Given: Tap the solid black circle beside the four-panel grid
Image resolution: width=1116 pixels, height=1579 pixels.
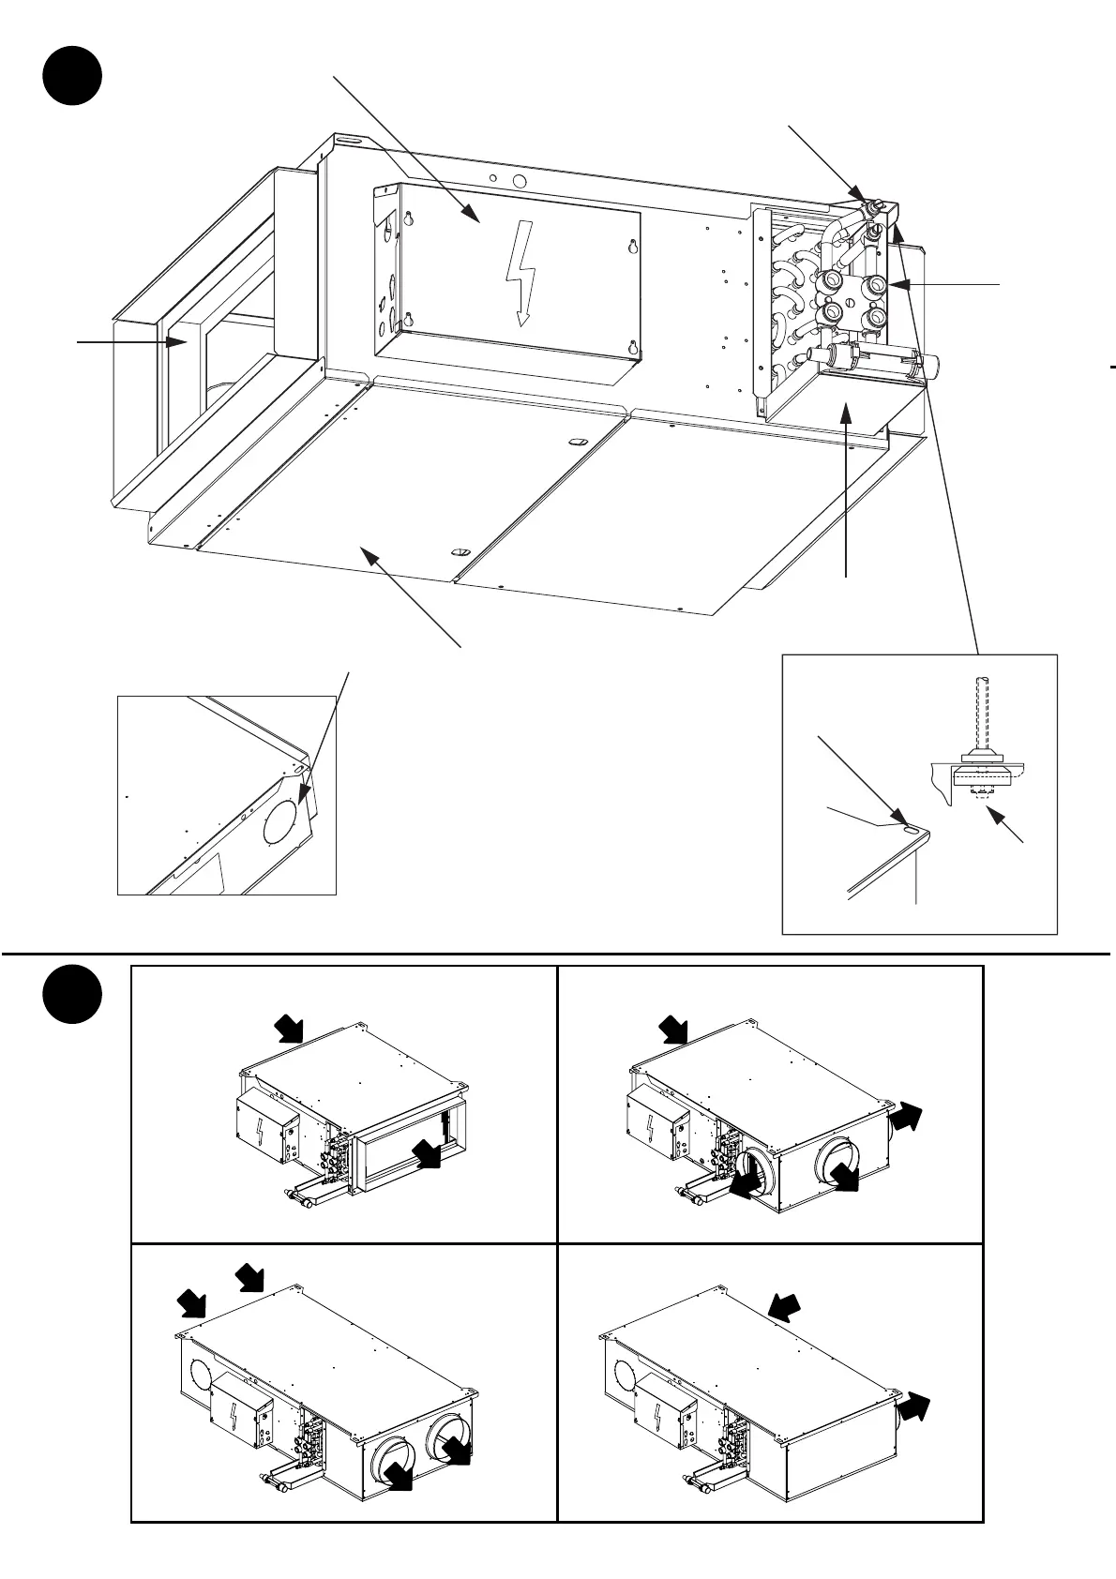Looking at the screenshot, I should pos(72,997).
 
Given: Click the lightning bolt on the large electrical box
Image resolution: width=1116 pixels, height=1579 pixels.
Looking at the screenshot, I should pos(520,278).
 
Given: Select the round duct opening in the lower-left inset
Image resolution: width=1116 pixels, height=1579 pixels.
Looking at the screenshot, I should pos(284,814).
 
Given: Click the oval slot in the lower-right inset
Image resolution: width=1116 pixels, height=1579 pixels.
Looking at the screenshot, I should pos(911,826).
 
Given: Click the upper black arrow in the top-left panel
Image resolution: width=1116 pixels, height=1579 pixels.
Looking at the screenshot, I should pos(289,1029).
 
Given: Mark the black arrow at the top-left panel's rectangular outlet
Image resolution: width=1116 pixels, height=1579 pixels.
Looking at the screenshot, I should pos(429,1154).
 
